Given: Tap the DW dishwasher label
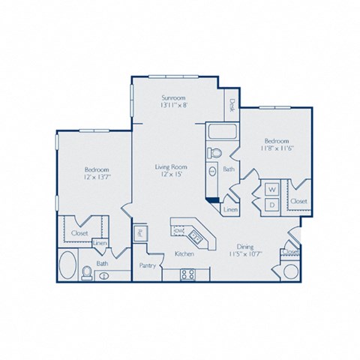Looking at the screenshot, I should pyautogui.click(x=180, y=231).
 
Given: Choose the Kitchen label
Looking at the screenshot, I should pyautogui.click(x=184, y=254).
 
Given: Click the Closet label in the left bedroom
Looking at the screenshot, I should pyautogui.click(x=79, y=233).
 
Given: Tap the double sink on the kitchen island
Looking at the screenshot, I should pyautogui.click(x=193, y=237).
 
